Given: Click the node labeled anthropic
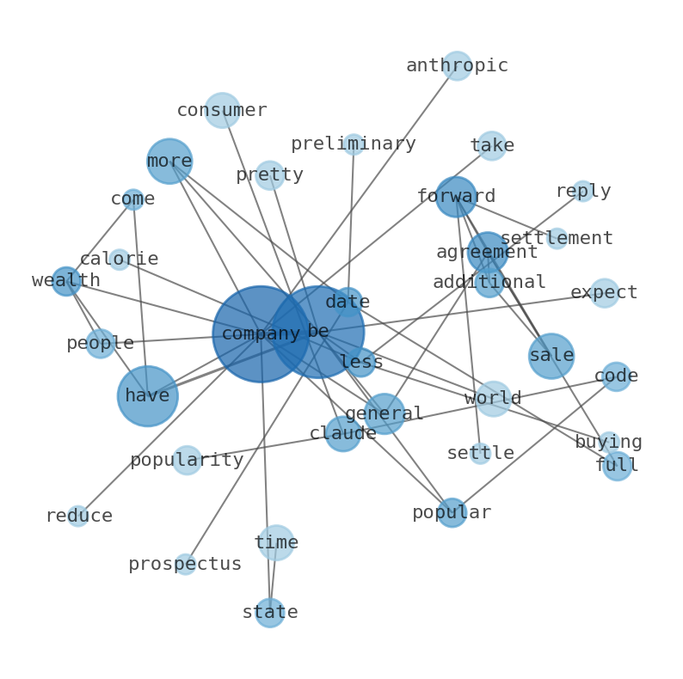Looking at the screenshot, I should click(457, 66).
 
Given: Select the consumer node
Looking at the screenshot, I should click(222, 110).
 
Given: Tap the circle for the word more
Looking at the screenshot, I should click(169, 161).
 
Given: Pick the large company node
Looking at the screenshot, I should click(261, 333).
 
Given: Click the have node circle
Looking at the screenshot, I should click(148, 395).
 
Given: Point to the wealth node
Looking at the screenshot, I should click(66, 281).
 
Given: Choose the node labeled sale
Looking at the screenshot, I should click(551, 356).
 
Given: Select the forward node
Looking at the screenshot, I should click(456, 197).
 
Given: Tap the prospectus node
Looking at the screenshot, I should click(185, 565).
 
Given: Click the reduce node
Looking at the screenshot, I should click(78, 516).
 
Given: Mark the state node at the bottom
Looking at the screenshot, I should click(269, 613).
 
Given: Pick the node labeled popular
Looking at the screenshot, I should click(452, 513).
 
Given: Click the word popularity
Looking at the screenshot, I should click(187, 460).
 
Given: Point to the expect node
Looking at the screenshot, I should click(605, 293).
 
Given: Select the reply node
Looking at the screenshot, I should click(583, 191).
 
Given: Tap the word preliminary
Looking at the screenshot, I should click(353, 144).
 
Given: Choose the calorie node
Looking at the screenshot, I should click(120, 260).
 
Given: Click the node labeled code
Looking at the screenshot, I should click(616, 376).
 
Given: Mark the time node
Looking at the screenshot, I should click(276, 542).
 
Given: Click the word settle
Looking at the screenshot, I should click(480, 453).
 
